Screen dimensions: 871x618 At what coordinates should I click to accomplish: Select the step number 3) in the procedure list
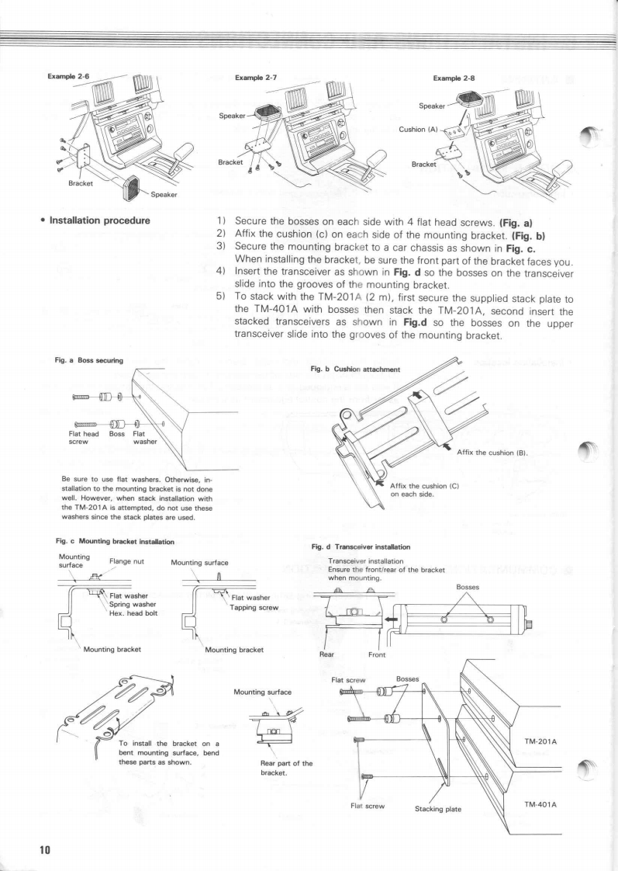(221, 246)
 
